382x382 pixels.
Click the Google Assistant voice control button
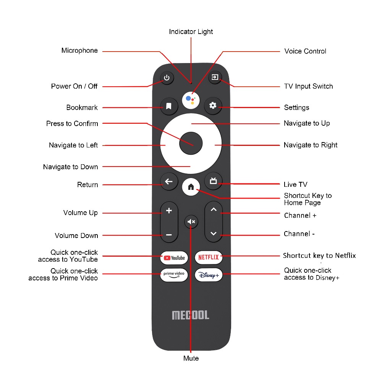coord(191,100)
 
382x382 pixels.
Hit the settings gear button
coord(213,106)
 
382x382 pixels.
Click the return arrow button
coord(169,182)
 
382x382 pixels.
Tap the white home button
coord(191,187)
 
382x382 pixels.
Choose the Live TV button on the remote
coord(213,181)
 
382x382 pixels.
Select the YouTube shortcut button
coord(174,258)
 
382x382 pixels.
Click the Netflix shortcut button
coord(209,257)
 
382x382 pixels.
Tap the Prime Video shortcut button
coord(174,275)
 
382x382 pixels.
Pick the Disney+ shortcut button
coord(209,275)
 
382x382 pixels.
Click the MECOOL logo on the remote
coord(191,315)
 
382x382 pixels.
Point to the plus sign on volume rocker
coord(169,211)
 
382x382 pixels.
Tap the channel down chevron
coord(214,233)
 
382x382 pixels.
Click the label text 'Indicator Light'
coord(191,32)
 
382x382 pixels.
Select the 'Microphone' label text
coord(79,50)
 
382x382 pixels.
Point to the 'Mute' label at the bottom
coord(191,358)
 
